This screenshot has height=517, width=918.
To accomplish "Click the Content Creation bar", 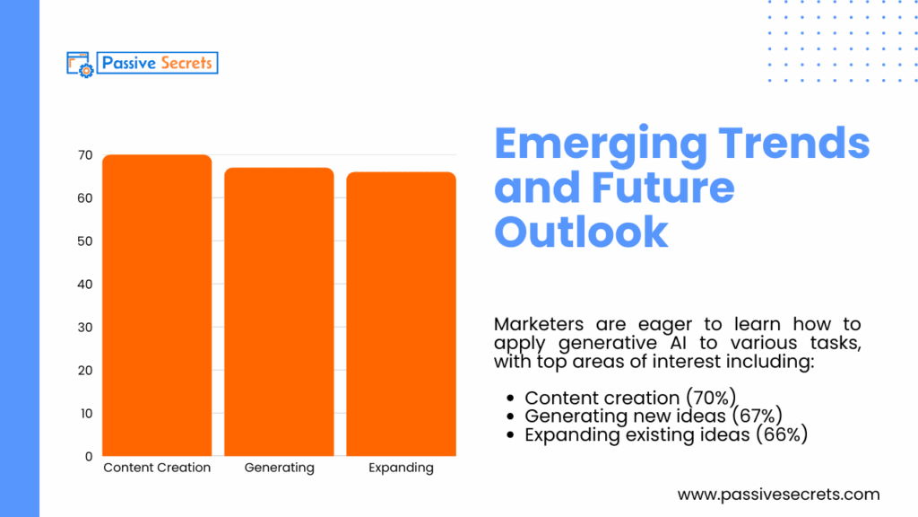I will click(157, 305).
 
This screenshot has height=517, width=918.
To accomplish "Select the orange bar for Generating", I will click(279, 311).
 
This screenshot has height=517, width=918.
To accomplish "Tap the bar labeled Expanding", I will click(401, 313).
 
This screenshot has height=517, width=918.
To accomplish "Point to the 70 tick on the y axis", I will click(84, 155).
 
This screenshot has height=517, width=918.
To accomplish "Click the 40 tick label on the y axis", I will click(84, 285).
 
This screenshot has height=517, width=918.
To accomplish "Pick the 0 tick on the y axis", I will click(89, 456).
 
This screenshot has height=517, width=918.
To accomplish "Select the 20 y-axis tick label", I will click(84, 371).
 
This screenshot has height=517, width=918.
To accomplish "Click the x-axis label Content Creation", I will click(157, 468).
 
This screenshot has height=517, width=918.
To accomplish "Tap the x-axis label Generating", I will click(279, 468).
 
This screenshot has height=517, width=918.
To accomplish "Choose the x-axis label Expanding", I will click(401, 468).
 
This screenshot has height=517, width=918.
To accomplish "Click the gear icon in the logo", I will click(87, 69).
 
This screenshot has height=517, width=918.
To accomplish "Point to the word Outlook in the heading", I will click(581, 231).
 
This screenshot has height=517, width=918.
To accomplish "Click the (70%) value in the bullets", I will click(708, 398).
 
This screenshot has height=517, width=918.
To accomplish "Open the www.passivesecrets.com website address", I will click(778, 495).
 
